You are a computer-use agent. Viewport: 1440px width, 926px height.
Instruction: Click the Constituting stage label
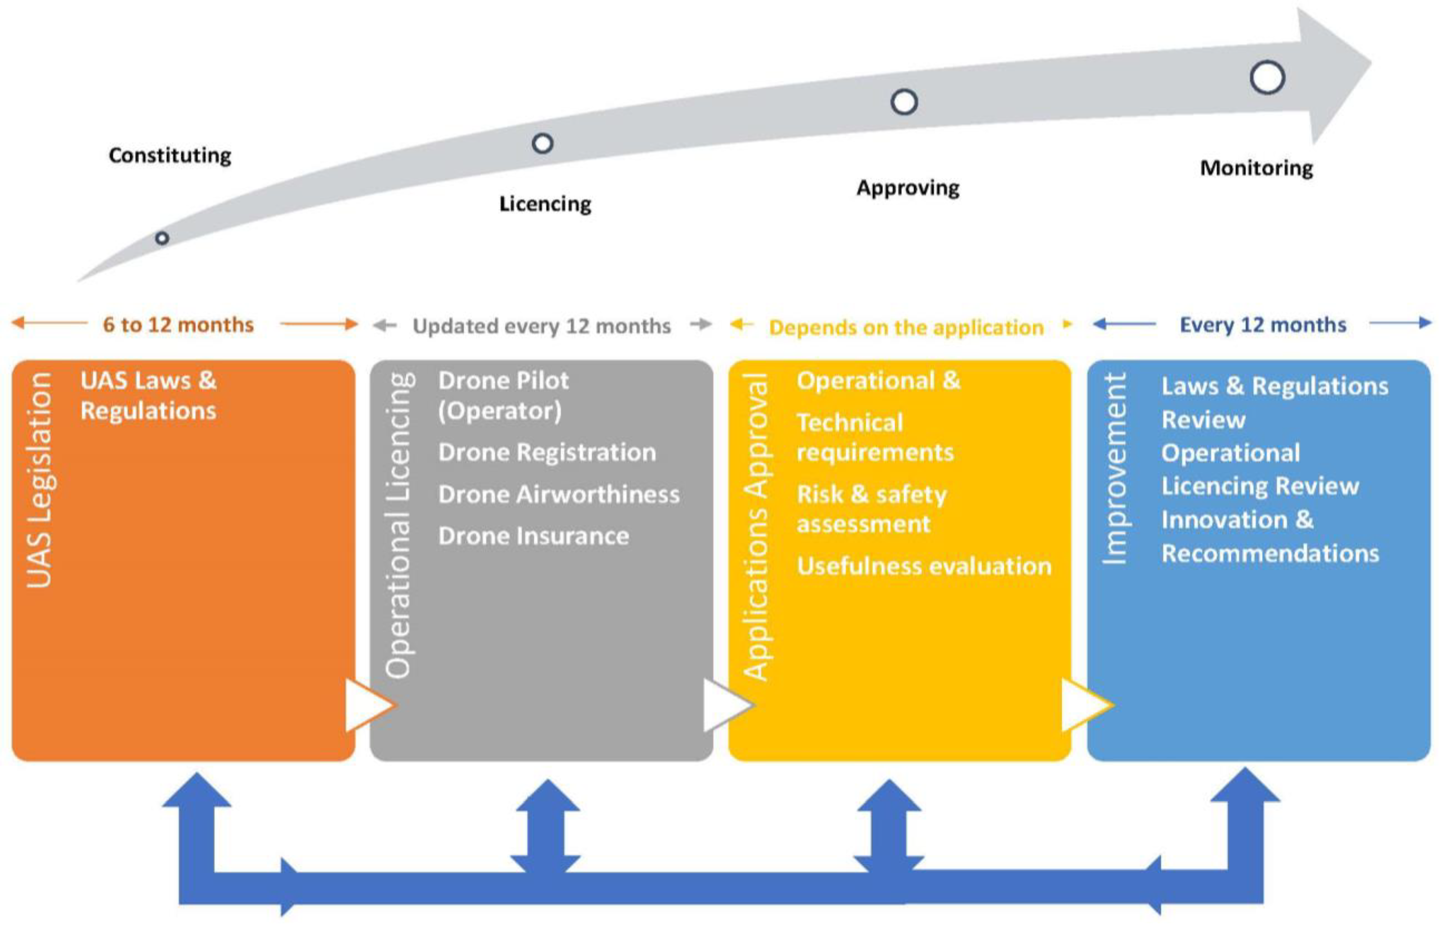click(170, 155)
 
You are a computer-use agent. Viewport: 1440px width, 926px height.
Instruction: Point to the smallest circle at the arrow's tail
click(162, 238)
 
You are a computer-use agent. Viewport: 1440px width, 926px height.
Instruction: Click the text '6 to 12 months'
click(178, 325)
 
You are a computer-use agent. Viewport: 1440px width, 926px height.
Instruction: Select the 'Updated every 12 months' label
click(541, 326)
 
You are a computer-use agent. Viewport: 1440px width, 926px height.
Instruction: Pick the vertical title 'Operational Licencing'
click(398, 524)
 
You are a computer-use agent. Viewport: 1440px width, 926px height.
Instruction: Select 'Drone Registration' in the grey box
click(547, 452)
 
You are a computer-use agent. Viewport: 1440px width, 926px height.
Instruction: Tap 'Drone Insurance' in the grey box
click(534, 536)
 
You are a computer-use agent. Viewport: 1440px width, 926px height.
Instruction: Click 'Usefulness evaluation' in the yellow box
click(924, 566)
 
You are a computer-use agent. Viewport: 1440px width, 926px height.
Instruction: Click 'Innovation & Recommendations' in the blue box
click(1269, 536)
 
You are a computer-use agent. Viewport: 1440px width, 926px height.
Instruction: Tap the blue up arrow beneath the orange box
click(197, 806)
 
